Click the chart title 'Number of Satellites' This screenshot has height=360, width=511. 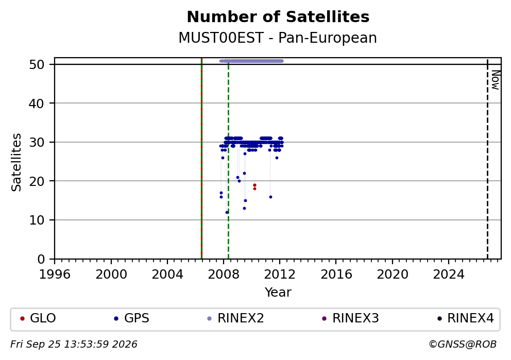click(278, 17)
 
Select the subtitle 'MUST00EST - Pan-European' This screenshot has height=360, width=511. click(278, 38)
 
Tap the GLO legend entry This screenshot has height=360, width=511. click(38, 318)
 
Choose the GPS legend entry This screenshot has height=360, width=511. click(132, 318)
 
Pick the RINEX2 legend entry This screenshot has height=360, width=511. click(235, 318)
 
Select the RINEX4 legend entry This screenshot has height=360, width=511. click(466, 318)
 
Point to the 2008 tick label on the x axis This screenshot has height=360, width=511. click(224, 275)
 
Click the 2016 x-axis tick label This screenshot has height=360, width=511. click(336, 275)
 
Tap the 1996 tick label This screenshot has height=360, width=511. click(55, 275)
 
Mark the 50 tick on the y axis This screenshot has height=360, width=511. click(37, 64)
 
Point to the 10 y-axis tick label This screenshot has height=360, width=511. click(37, 220)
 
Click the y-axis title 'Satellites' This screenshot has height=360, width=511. click(16, 162)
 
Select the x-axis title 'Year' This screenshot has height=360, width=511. click(278, 292)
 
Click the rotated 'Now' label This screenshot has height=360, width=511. click(496, 80)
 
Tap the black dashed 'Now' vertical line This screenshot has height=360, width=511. click(487, 158)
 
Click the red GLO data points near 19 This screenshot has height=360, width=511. click(254, 186)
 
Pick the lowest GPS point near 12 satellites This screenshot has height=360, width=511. click(227, 212)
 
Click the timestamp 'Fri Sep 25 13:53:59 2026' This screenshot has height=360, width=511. click(74, 344)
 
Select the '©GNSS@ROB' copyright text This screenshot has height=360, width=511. click(463, 344)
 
